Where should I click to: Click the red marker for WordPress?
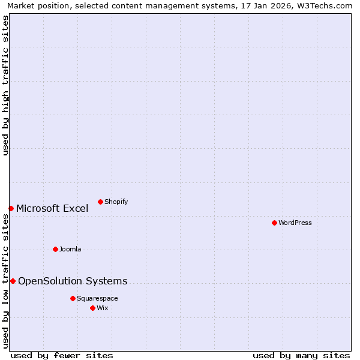274,223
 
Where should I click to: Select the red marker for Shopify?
100,202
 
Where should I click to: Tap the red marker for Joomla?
55,249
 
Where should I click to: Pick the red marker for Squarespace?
73,298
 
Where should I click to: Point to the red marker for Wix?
92,308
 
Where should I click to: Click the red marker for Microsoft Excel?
11,208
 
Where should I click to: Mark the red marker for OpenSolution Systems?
13,281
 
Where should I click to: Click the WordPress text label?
295,223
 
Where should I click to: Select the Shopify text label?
116,202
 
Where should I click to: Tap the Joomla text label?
70,249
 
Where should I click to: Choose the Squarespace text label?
97,298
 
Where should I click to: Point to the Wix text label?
103,308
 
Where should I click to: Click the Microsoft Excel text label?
52,208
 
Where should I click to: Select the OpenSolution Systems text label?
73,281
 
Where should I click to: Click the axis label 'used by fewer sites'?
62,355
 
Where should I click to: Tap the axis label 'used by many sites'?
301,355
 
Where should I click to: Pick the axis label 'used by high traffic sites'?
5,85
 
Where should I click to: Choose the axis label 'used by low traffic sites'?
5,281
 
